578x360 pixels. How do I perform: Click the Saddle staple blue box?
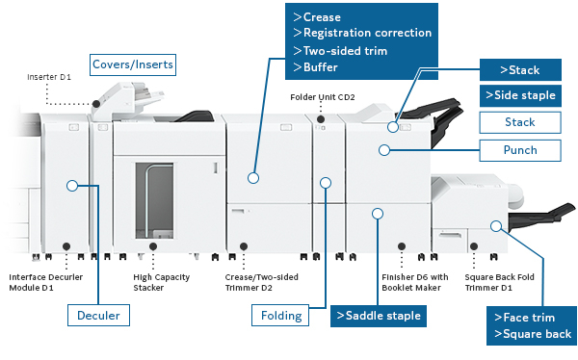379,316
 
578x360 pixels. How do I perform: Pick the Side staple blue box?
520,96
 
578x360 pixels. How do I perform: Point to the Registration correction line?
363,33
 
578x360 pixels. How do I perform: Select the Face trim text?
525,318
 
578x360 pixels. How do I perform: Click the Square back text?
533,334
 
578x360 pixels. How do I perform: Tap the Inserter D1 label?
49,77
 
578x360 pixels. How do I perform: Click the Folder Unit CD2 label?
323,97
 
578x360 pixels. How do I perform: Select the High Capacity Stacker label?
162,282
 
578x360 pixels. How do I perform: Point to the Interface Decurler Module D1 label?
45,282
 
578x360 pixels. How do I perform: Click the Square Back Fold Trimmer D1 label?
499,282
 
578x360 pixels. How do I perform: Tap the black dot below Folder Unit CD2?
321,119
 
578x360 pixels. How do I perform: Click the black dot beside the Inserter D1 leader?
96,104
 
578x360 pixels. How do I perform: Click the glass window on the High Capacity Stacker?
154,201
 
